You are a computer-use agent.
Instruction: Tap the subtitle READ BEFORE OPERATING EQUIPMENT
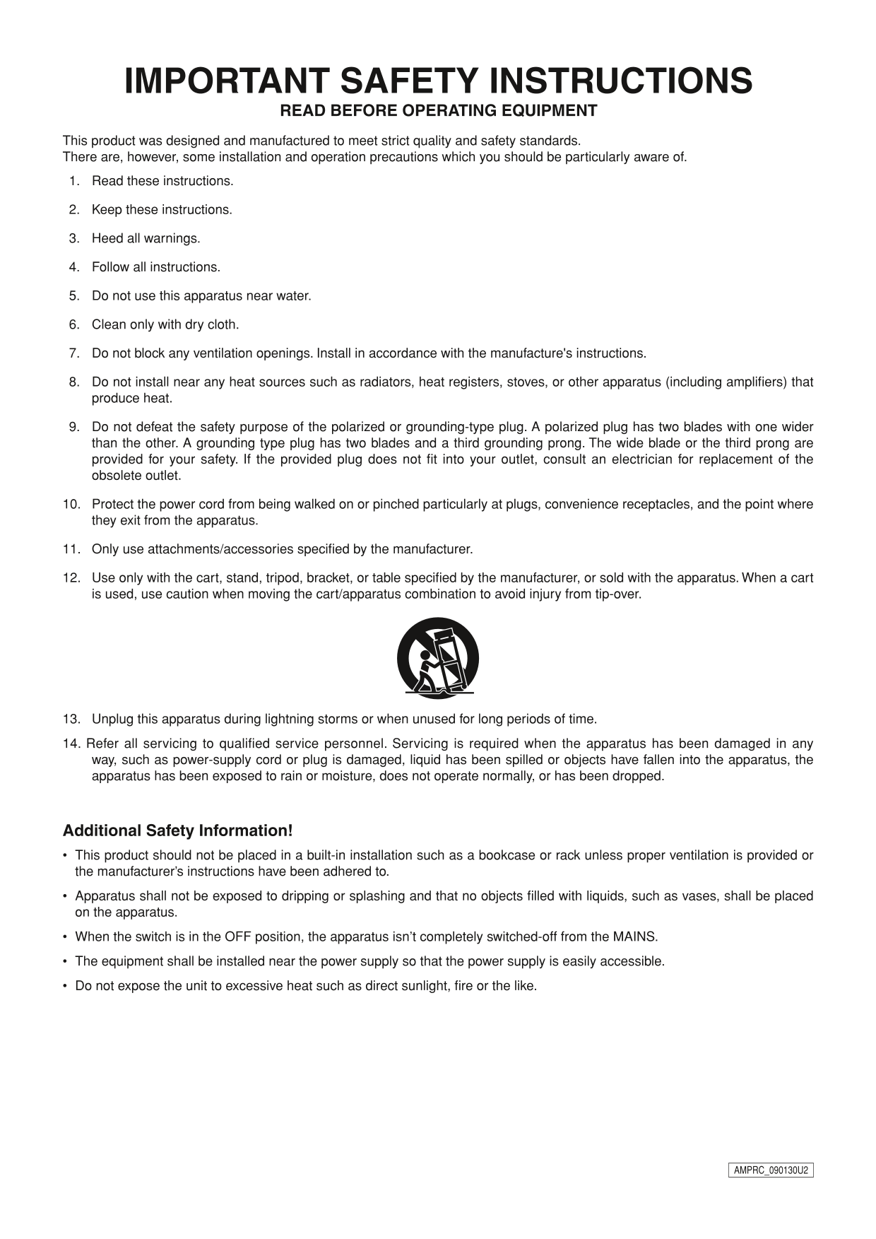pyautogui.click(x=438, y=111)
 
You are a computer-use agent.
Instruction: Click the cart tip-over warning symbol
pyautogui.click(x=438, y=658)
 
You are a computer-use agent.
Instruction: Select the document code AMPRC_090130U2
pyautogui.click(x=771, y=1170)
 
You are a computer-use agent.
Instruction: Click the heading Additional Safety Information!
pyautogui.click(x=177, y=830)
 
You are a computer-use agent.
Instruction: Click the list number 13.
pyautogui.click(x=71, y=720)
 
